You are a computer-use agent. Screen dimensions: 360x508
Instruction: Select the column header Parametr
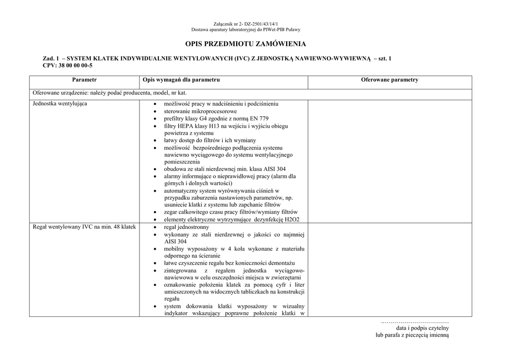pyautogui.click(x=84, y=80)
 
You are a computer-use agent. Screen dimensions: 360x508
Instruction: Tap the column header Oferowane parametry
pyautogui.click(x=389, y=80)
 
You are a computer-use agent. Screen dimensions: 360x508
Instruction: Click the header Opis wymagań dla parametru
pyautogui.click(x=181, y=80)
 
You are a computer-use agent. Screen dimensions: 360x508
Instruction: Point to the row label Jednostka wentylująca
pyautogui.click(x=60, y=104)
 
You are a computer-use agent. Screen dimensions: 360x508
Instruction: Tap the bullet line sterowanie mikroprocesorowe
pyautogui.click(x=200, y=111)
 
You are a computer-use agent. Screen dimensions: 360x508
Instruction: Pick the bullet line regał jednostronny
pyautogui.click(x=183, y=227)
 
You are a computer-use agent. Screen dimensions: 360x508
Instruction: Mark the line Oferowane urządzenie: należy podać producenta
pyautogui.click(x=110, y=93)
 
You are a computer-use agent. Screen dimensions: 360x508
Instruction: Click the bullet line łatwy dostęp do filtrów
pyautogui.click(x=210, y=141)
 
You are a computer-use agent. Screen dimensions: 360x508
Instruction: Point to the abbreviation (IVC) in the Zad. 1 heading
pyautogui.click(x=243, y=59)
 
